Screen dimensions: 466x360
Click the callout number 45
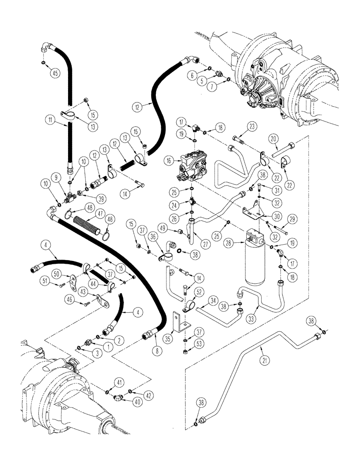tap(55, 73)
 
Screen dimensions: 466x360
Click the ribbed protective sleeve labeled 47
tap(90, 229)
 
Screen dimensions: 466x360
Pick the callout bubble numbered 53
tap(200, 344)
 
